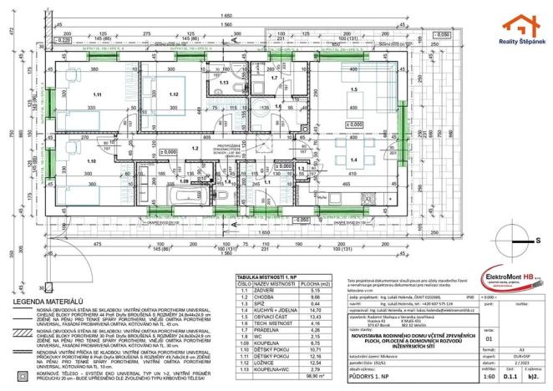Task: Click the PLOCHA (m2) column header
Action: tap(314, 283)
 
